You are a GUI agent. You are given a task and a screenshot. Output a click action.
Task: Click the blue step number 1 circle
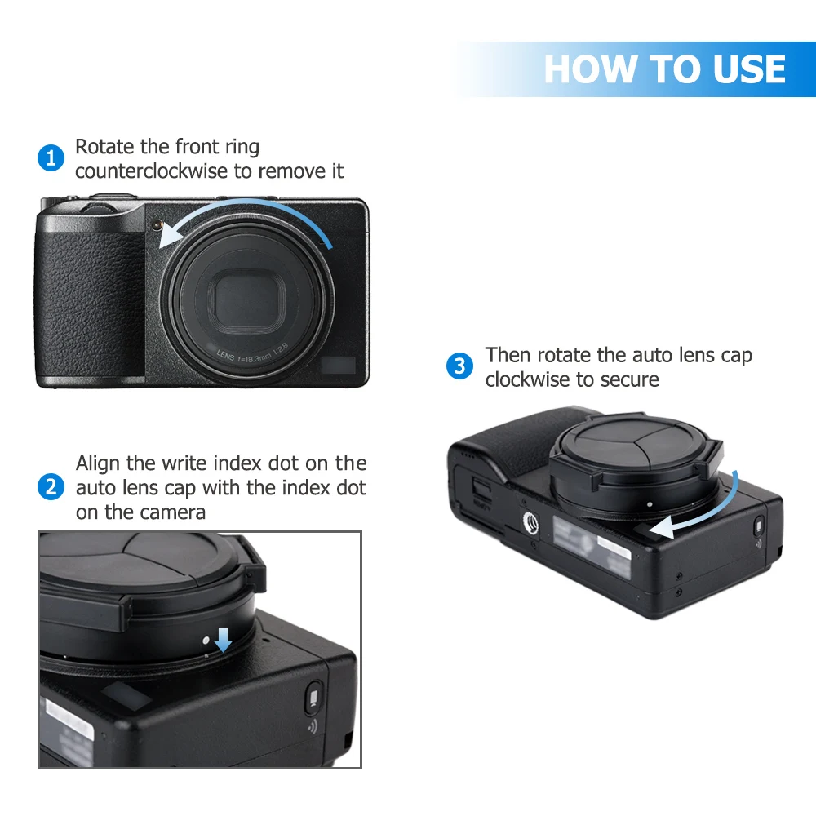pyautogui.click(x=51, y=158)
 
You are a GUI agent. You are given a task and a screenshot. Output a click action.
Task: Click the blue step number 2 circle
pyautogui.click(x=51, y=488)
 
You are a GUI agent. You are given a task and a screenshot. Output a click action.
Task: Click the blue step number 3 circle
pyautogui.click(x=459, y=366)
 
